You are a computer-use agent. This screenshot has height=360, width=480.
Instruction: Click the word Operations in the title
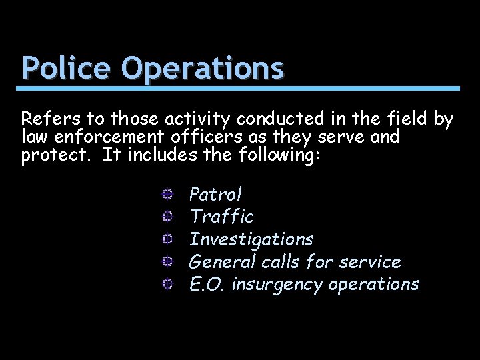tap(203, 68)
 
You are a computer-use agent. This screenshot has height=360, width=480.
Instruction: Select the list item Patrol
tap(216, 195)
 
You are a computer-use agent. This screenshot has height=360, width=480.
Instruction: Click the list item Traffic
tap(221, 217)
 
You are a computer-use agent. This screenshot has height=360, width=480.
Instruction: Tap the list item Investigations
tap(251, 239)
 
